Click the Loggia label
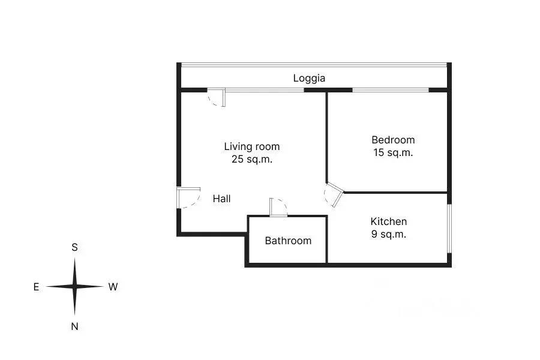point(309,79)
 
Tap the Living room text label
point(252,146)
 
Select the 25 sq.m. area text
point(252,159)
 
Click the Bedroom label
point(393,140)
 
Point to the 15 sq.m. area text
point(393,152)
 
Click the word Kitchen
point(388,221)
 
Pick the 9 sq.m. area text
point(388,234)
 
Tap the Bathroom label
point(288,241)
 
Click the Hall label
point(221,199)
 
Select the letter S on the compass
point(74,247)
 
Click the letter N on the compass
point(74,326)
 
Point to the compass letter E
point(36,287)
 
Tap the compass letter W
point(113,287)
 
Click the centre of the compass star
point(75,286)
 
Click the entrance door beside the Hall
point(188,198)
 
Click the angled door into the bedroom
point(334,194)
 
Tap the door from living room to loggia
point(217,97)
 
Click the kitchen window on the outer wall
point(449,229)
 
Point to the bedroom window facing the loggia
point(391,90)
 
